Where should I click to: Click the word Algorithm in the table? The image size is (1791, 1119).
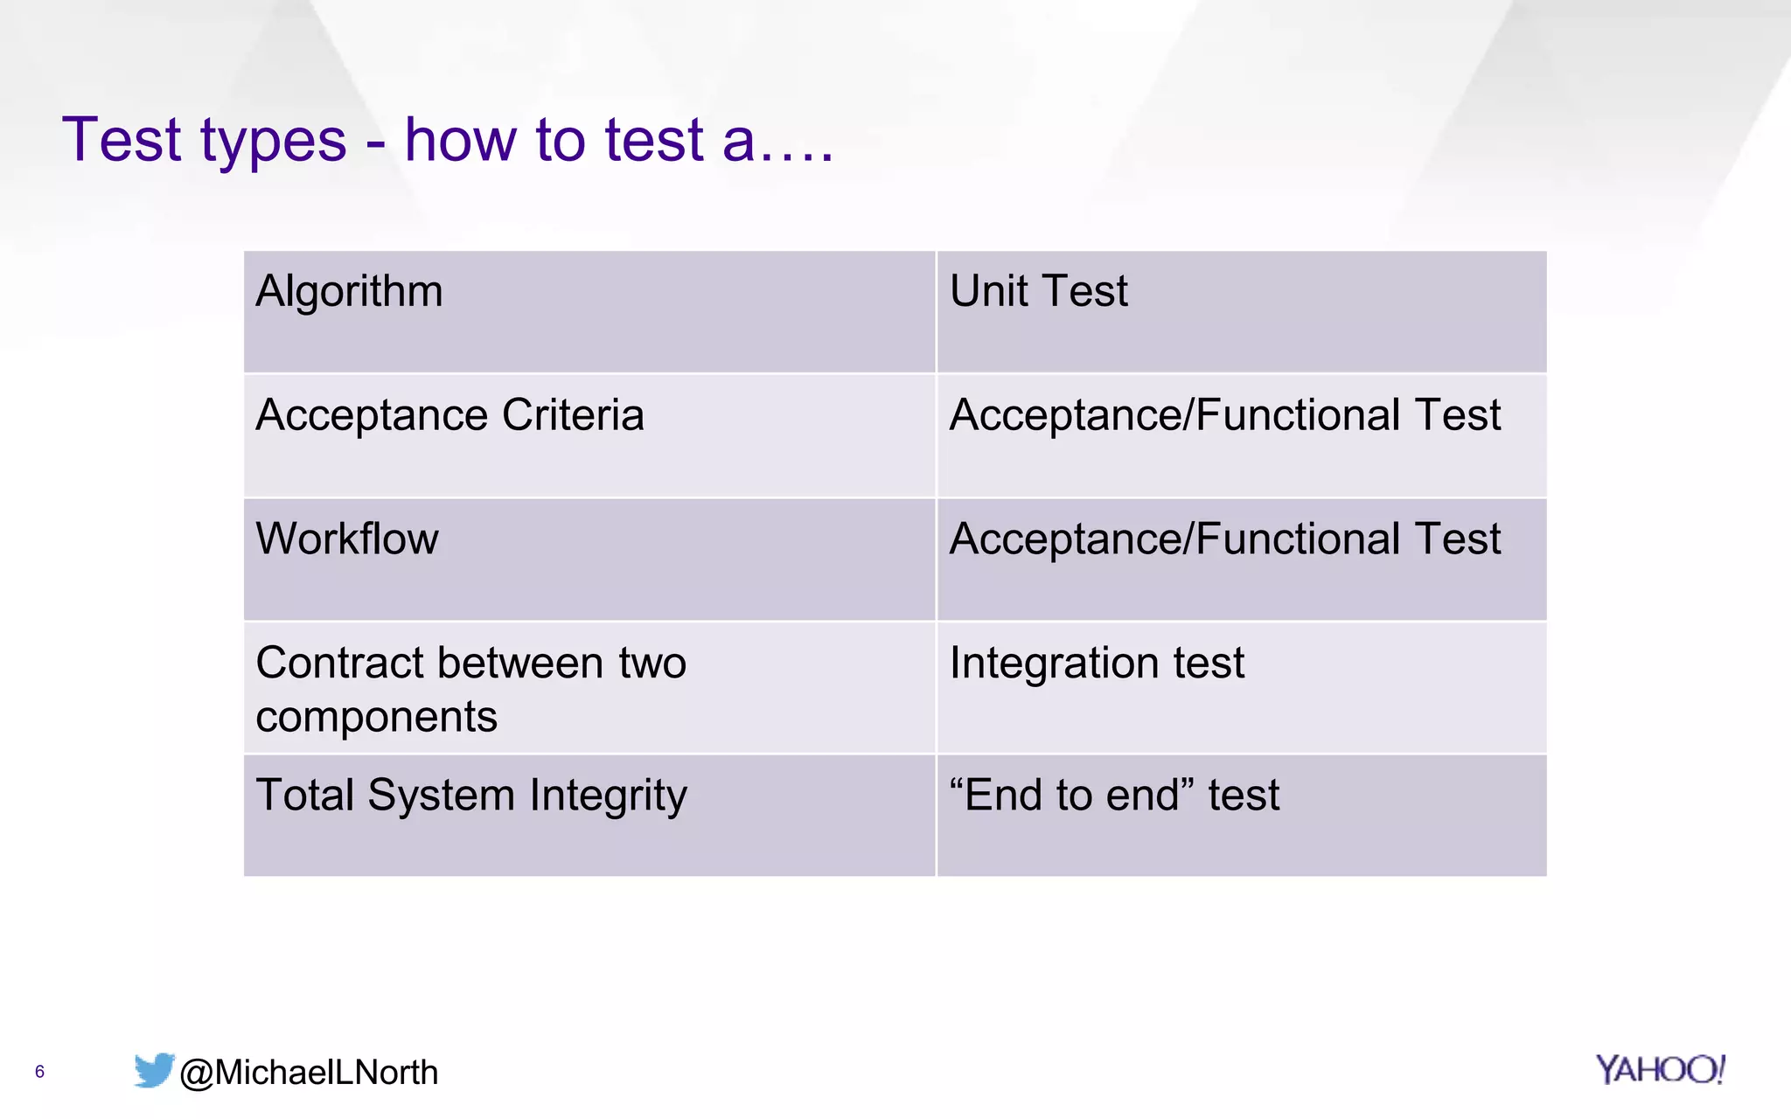tap(349, 291)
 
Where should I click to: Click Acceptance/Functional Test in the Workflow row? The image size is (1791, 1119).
tap(1224, 539)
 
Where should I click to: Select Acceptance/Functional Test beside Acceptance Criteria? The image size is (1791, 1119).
tap(1224, 415)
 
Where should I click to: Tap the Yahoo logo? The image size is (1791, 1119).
tap(1659, 1070)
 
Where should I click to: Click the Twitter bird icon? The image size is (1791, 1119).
tap(154, 1070)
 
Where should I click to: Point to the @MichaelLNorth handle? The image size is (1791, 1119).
tap(309, 1073)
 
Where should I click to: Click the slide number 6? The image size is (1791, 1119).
tap(39, 1072)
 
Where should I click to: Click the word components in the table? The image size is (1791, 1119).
tap(376, 718)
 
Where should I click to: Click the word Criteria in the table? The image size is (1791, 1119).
tap(573, 415)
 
